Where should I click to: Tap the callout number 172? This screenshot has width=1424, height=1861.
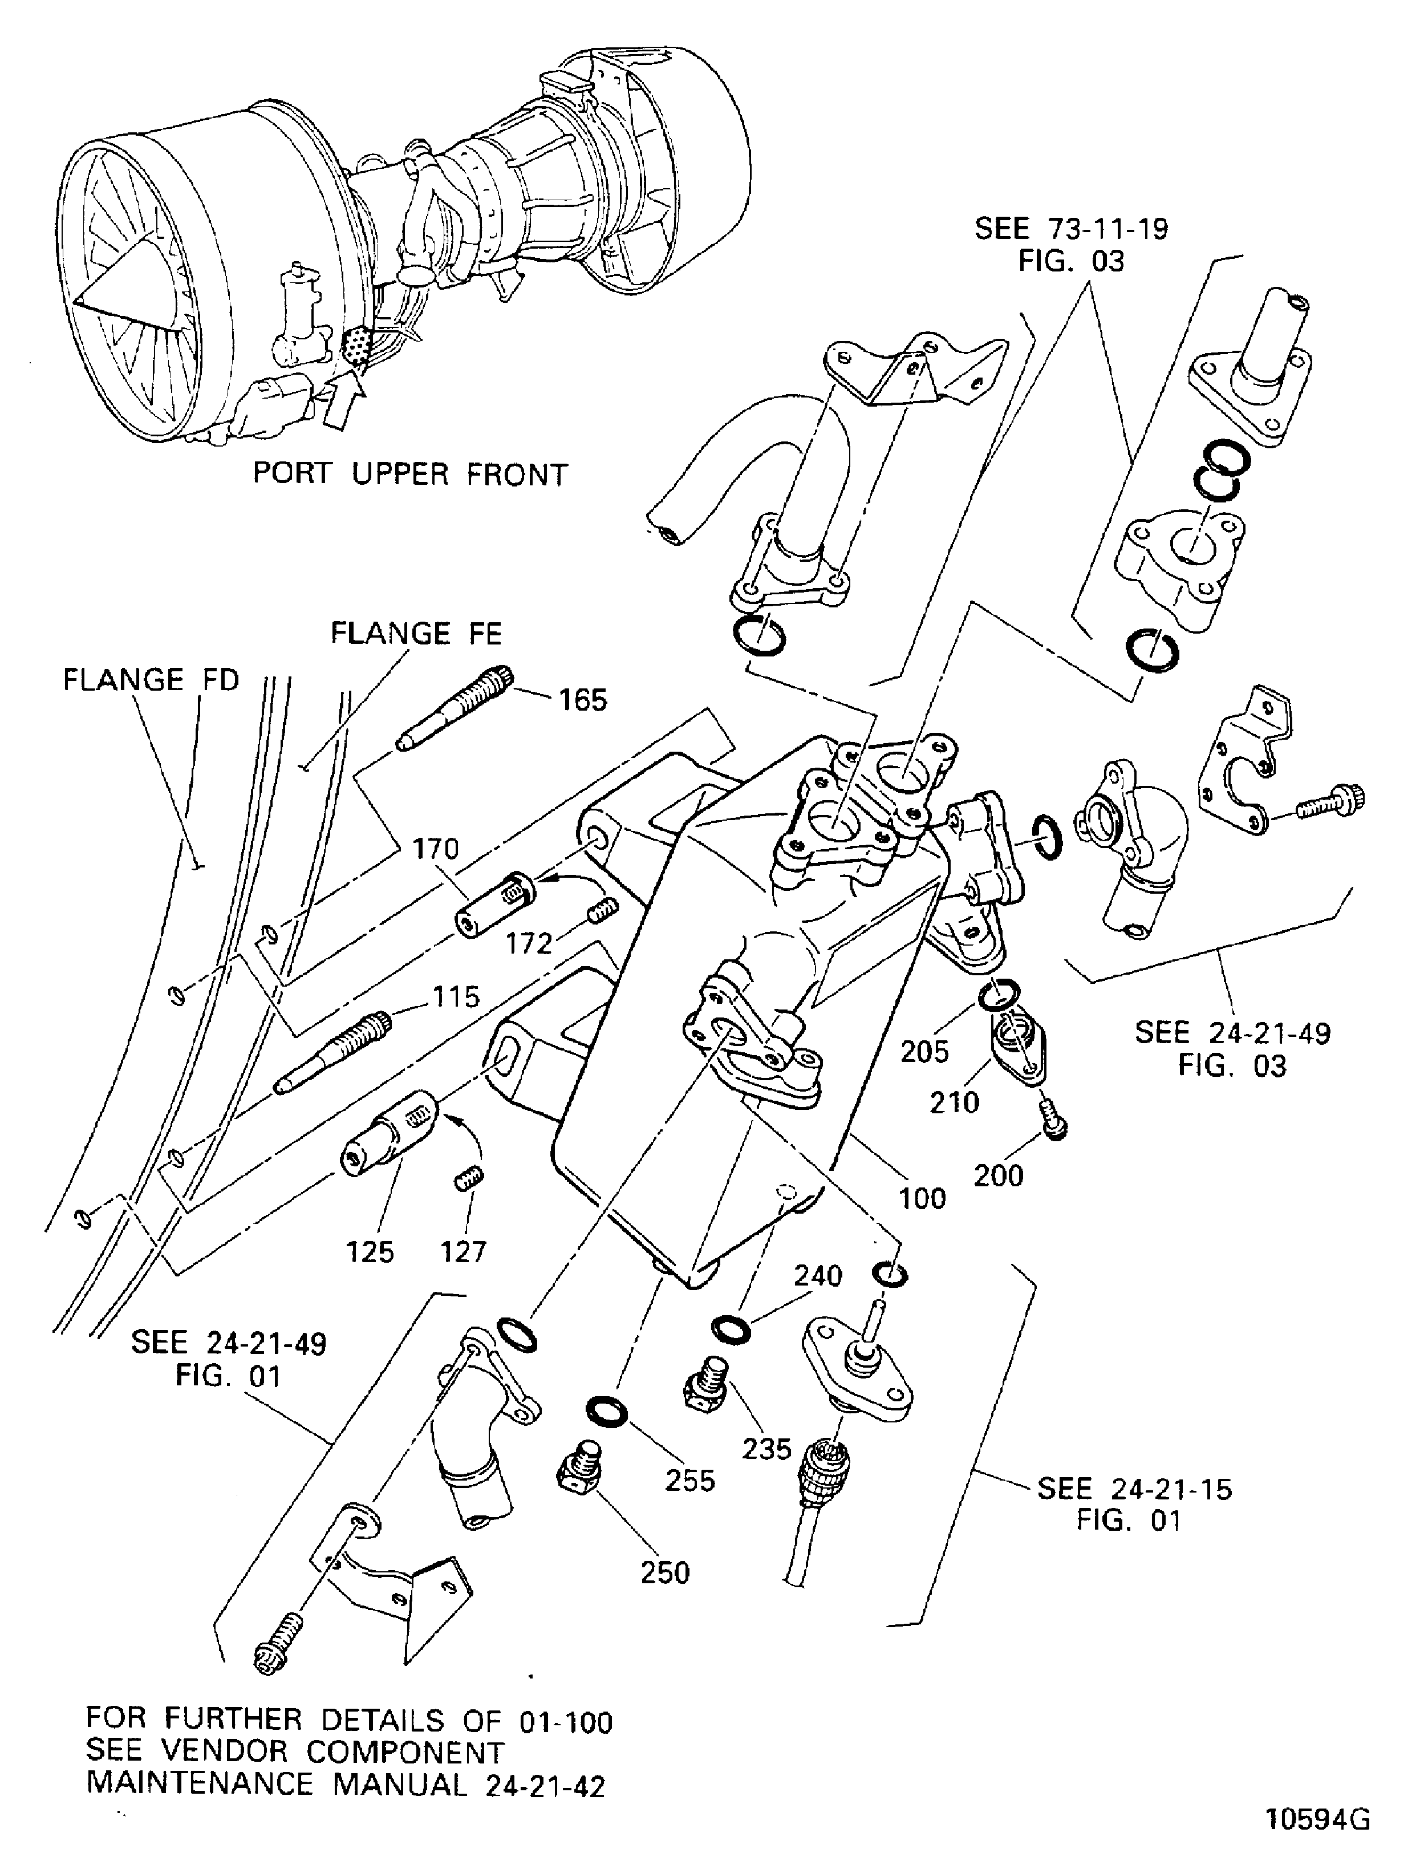(530, 943)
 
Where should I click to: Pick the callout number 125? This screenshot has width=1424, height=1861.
(371, 1252)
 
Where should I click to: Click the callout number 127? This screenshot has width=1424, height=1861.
(463, 1252)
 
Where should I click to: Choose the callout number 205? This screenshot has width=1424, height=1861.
(925, 1052)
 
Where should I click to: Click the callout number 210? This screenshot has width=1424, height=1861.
(955, 1102)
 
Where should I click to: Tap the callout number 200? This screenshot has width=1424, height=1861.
(999, 1175)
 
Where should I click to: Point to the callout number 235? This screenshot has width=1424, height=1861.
(766, 1449)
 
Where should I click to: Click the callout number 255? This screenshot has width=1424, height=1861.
(690, 1481)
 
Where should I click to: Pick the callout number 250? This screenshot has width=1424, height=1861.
(666, 1573)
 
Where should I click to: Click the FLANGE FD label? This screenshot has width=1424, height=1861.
(152, 680)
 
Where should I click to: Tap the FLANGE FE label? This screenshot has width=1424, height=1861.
(416, 633)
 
